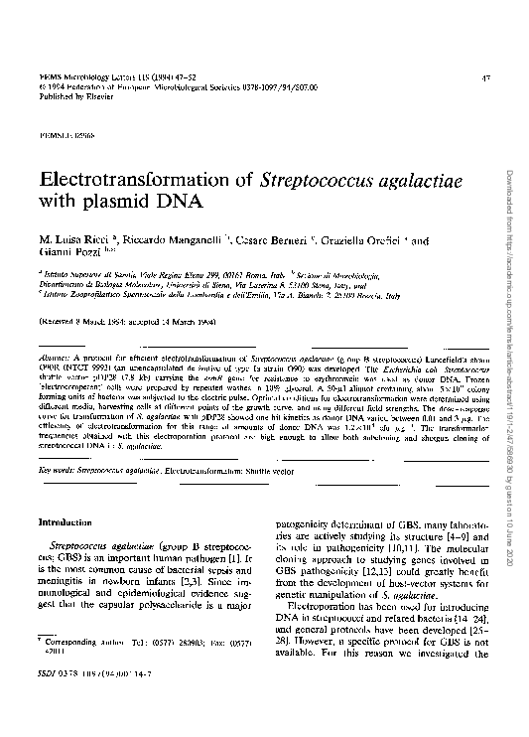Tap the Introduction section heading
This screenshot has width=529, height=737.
click(66, 521)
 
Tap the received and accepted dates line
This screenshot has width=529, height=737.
click(126, 323)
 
